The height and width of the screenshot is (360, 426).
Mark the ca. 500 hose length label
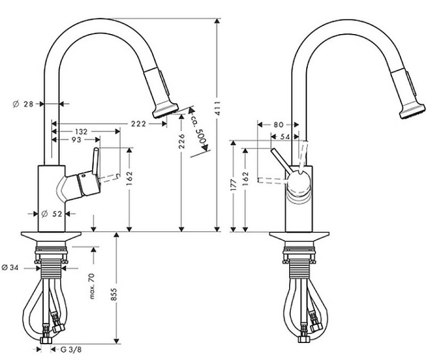[201, 135]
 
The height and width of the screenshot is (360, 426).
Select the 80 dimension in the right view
[278, 124]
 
